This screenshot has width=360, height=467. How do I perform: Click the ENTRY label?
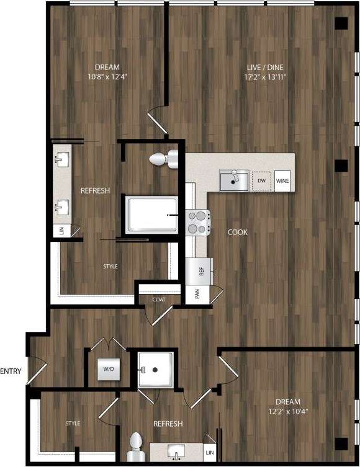point(11,371)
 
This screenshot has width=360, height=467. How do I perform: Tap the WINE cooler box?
point(283,180)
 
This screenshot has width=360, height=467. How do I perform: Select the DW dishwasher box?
point(263,180)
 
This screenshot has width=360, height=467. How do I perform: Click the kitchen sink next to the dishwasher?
point(233,180)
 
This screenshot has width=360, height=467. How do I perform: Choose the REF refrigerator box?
point(200,271)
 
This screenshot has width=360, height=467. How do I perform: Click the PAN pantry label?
point(197,294)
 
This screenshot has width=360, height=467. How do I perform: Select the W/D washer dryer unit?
point(109,370)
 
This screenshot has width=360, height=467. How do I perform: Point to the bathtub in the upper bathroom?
point(151,215)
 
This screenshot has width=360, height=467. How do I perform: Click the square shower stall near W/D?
point(155,370)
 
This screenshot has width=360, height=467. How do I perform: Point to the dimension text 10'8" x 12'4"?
point(107,77)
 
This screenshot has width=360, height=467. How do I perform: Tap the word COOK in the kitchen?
point(237,233)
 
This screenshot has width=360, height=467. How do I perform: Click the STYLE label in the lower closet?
point(73,424)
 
